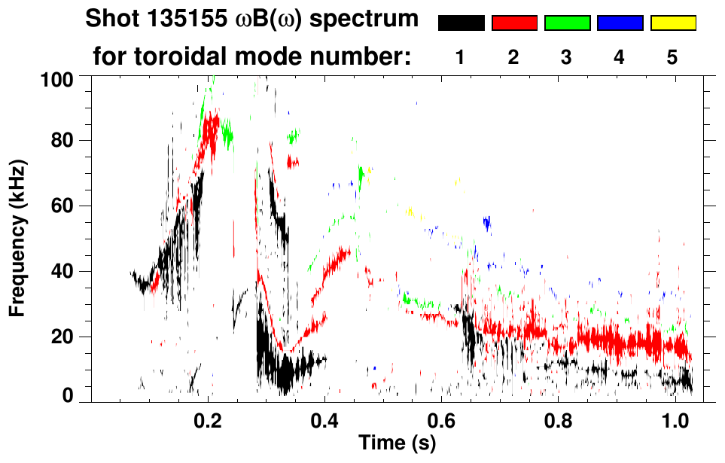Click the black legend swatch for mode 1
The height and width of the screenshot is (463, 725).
point(461,23)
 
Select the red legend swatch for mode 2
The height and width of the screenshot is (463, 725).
point(514,23)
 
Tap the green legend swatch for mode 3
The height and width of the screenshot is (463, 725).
point(567,23)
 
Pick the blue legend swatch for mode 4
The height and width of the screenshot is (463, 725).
point(620,23)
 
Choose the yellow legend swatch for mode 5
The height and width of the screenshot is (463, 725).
point(673,23)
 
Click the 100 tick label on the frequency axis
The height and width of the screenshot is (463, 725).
point(57,78)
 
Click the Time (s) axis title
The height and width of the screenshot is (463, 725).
point(396,444)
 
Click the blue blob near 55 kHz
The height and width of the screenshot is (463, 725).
point(487,222)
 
